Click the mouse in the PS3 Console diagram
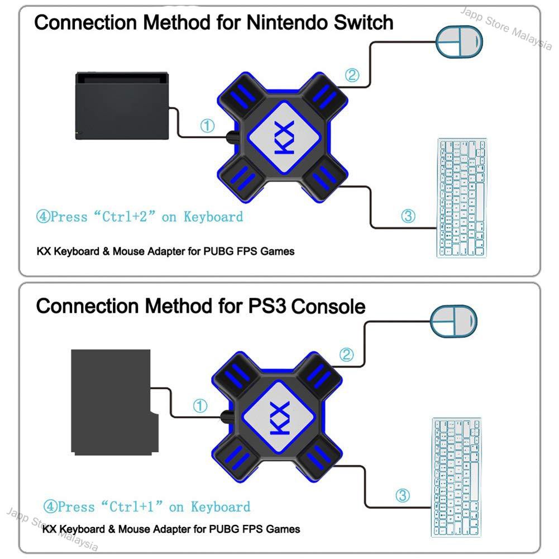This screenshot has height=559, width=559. click(453, 322)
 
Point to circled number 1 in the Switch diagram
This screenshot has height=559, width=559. click(207, 127)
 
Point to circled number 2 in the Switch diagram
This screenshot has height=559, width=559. click(351, 75)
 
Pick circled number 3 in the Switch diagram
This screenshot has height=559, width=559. click(408, 216)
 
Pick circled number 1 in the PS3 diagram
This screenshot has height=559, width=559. click(200, 406)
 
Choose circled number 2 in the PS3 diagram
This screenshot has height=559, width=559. click(347, 353)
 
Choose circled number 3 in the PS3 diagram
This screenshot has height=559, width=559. click(403, 495)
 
